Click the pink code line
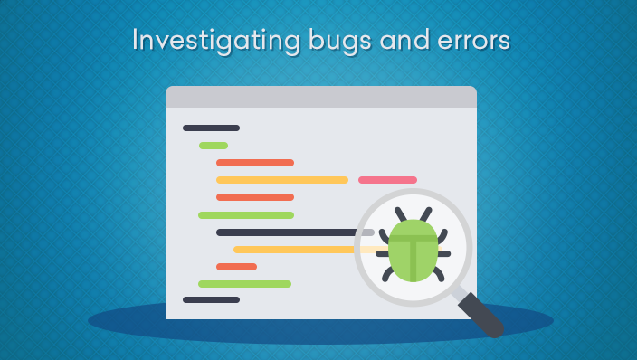(x=387, y=180)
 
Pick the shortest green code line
(x=214, y=146)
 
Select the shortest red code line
(x=236, y=267)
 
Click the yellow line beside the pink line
(x=281, y=180)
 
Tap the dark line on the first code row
(x=211, y=128)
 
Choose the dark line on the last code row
(x=211, y=299)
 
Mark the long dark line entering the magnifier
(x=290, y=232)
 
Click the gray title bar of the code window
(x=320, y=97)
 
